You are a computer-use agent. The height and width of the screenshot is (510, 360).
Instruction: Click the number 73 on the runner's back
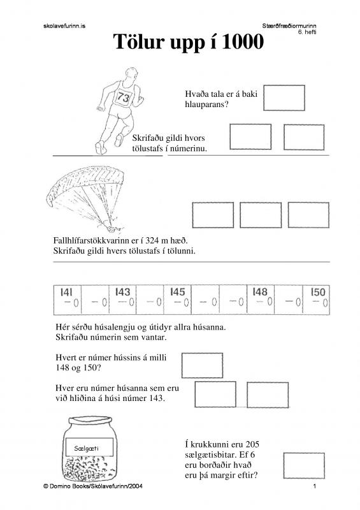[x=124, y=97]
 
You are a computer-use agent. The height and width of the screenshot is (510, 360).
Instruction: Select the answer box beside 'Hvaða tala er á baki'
[x=284, y=98]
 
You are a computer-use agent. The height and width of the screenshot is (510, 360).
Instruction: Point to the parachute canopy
[x=85, y=182]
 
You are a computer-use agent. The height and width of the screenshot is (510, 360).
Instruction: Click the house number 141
[x=66, y=293]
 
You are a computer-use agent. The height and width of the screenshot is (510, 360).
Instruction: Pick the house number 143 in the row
[x=122, y=292]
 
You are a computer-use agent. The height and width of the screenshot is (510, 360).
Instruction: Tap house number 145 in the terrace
[x=178, y=292]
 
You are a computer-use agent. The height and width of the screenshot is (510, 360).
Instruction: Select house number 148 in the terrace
[x=260, y=292]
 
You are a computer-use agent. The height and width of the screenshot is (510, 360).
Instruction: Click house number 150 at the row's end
[x=318, y=292]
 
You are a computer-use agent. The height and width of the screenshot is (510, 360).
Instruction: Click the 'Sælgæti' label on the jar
[x=86, y=449]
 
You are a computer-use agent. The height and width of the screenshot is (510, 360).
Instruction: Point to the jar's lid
[x=90, y=421]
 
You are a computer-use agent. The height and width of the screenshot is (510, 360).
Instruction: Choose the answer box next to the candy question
[x=304, y=465]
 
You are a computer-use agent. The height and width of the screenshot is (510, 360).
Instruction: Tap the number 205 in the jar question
[x=252, y=444]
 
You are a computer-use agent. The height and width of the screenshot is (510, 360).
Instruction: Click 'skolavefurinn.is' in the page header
[x=64, y=26]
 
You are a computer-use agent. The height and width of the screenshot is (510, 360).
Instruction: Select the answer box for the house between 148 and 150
[x=202, y=365]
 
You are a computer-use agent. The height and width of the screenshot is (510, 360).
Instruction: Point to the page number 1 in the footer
[x=315, y=486]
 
